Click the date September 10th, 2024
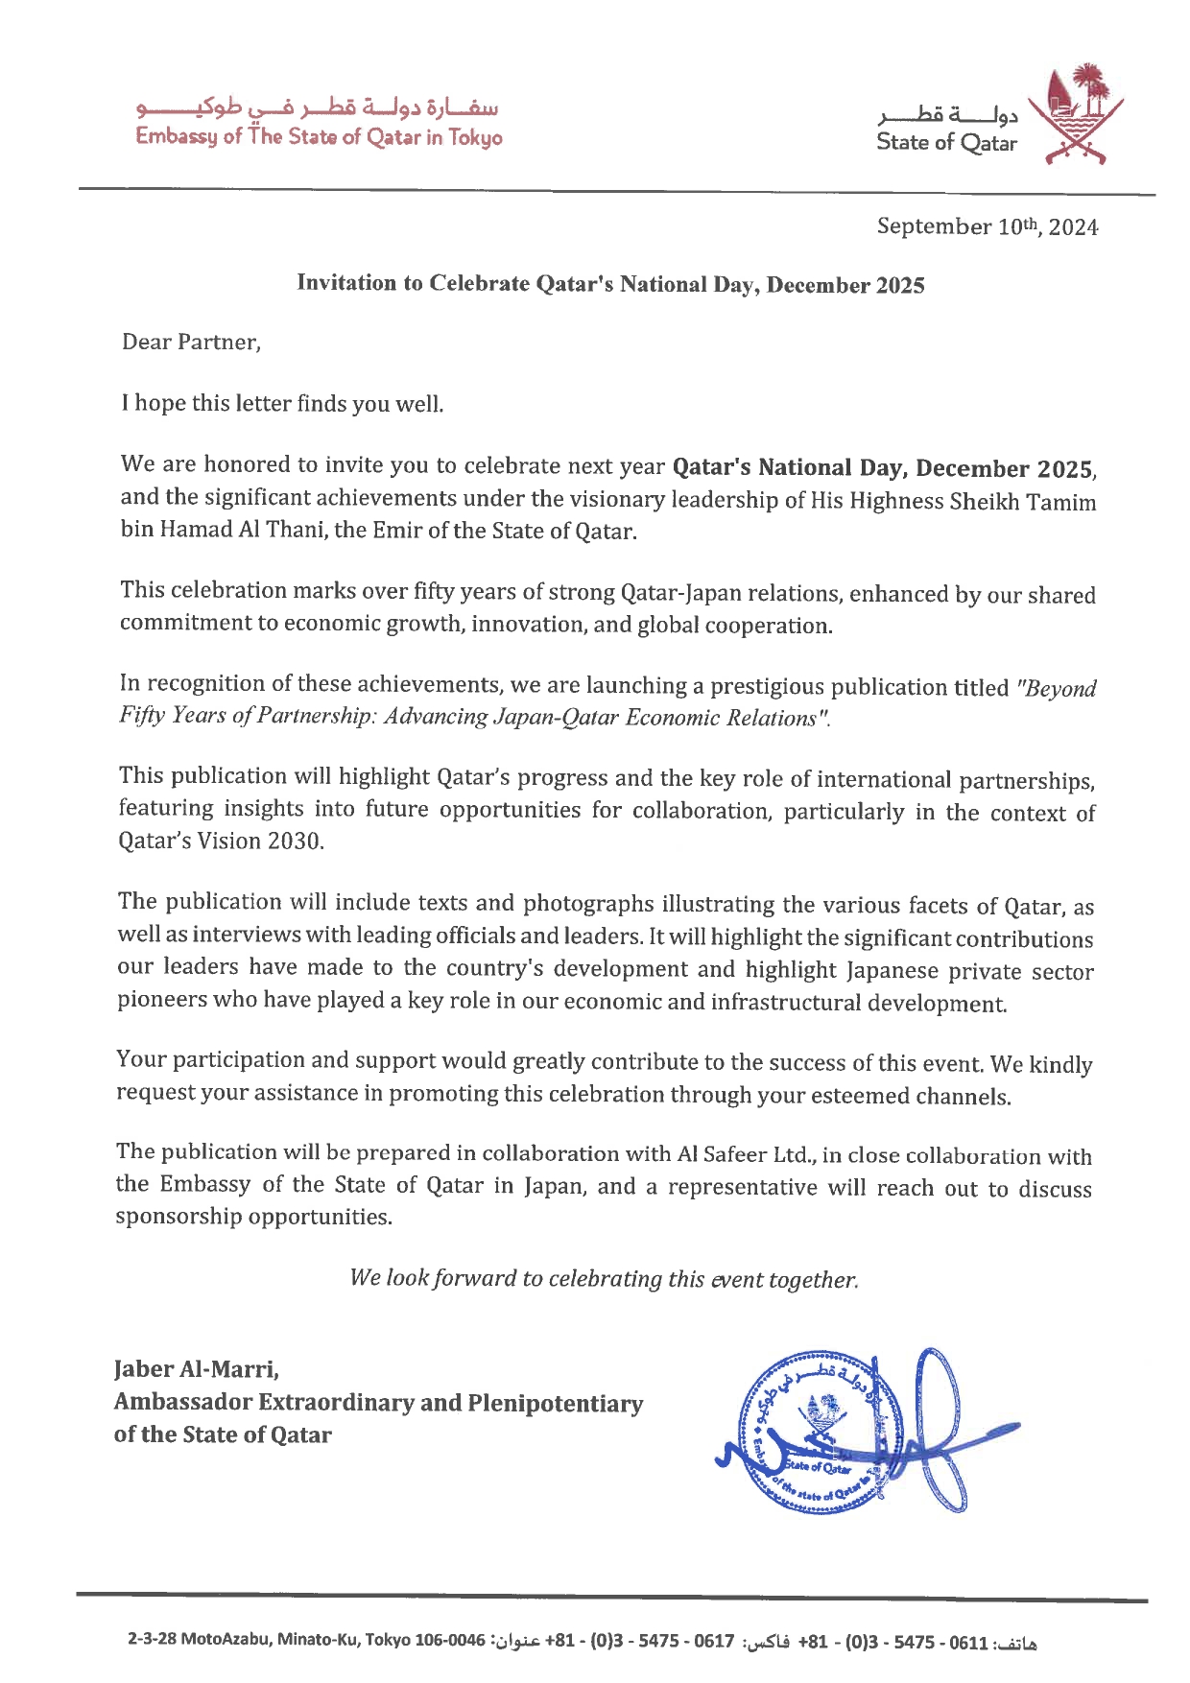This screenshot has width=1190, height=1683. (987, 227)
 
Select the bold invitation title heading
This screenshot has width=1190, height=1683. (610, 284)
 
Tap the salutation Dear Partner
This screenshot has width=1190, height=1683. (191, 343)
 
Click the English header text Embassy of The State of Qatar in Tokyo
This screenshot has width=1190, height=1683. (319, 137)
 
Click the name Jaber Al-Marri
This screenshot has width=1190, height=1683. (197, 1369)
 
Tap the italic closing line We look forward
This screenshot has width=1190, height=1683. (604, 1279)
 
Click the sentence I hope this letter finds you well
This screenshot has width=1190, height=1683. (282, 403)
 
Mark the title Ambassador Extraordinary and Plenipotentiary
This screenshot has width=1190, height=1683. (378, 1403)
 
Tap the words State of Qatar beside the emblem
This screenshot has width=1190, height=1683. (946, 143)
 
